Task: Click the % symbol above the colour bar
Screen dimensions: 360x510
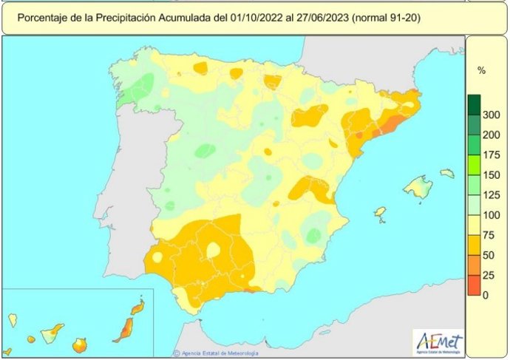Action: coord(481,71)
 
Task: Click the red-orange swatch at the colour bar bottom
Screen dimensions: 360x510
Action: coord(473,285)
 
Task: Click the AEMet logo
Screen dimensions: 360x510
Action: coord(439,342)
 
